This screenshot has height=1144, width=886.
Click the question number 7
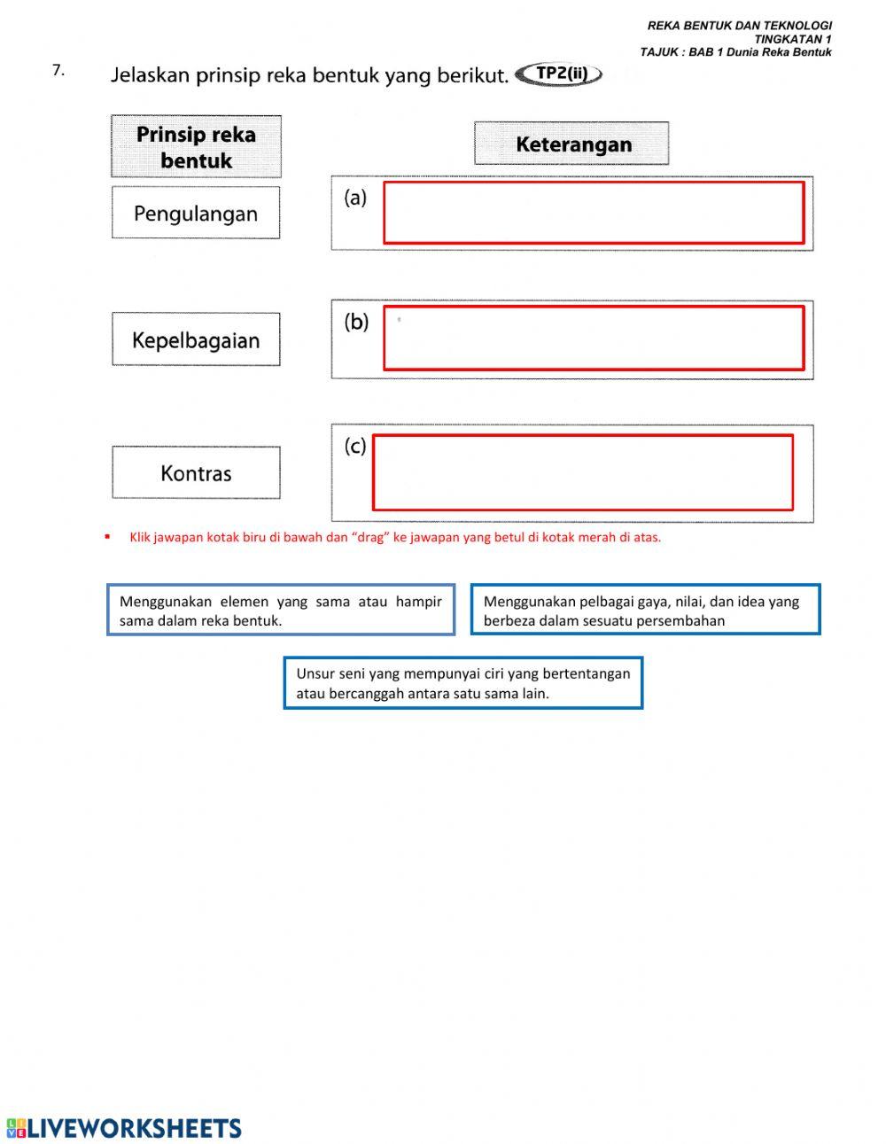pos(58,70)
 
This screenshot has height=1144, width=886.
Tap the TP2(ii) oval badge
pos(558,74)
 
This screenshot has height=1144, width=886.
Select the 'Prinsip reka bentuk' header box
pos(196,147)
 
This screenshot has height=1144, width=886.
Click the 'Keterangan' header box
pos(572,144)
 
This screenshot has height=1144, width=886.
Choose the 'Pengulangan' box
pos(196,213)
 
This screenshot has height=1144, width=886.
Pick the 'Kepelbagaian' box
pos(196,340)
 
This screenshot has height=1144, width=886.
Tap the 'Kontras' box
pos(196,473)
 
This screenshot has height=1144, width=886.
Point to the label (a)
pos(355,198)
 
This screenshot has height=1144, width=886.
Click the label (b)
pos(356,322)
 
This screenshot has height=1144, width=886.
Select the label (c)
pos(355,446)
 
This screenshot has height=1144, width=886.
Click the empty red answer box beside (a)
pos(594,213)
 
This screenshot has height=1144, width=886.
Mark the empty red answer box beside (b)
pos(594,338)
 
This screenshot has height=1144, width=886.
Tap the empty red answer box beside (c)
pos(583,472)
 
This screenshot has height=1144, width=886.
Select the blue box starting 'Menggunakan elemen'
pos(281,611)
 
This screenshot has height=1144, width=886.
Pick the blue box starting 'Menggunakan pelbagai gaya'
pos(645,611)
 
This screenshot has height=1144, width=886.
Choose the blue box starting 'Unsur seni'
pos(462,683)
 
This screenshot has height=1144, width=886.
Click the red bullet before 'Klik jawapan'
pos(107,537)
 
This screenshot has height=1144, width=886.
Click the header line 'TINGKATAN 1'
pos(792,39)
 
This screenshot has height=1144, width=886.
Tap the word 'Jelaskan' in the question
pos(150,75)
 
